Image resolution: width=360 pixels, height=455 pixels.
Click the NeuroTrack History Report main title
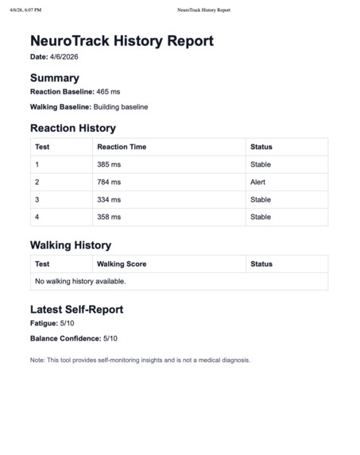coord(122,41)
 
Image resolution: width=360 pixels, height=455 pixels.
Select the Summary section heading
coord(54,78)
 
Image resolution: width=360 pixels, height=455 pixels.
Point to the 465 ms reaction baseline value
coord(108,92)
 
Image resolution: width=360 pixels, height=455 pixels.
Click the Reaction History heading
coord(72,128)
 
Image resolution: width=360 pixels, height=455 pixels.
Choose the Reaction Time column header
coord(122,147)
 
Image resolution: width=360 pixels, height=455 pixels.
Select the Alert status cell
coord(259,182)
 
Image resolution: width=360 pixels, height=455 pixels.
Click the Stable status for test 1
coord(261,164)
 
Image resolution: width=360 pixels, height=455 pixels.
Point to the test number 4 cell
coord(37,217)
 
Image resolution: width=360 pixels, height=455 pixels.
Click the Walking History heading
coord(70,245)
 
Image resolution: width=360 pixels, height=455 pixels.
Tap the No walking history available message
coord(80,281)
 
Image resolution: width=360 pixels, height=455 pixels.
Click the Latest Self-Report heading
coord(76,309)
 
